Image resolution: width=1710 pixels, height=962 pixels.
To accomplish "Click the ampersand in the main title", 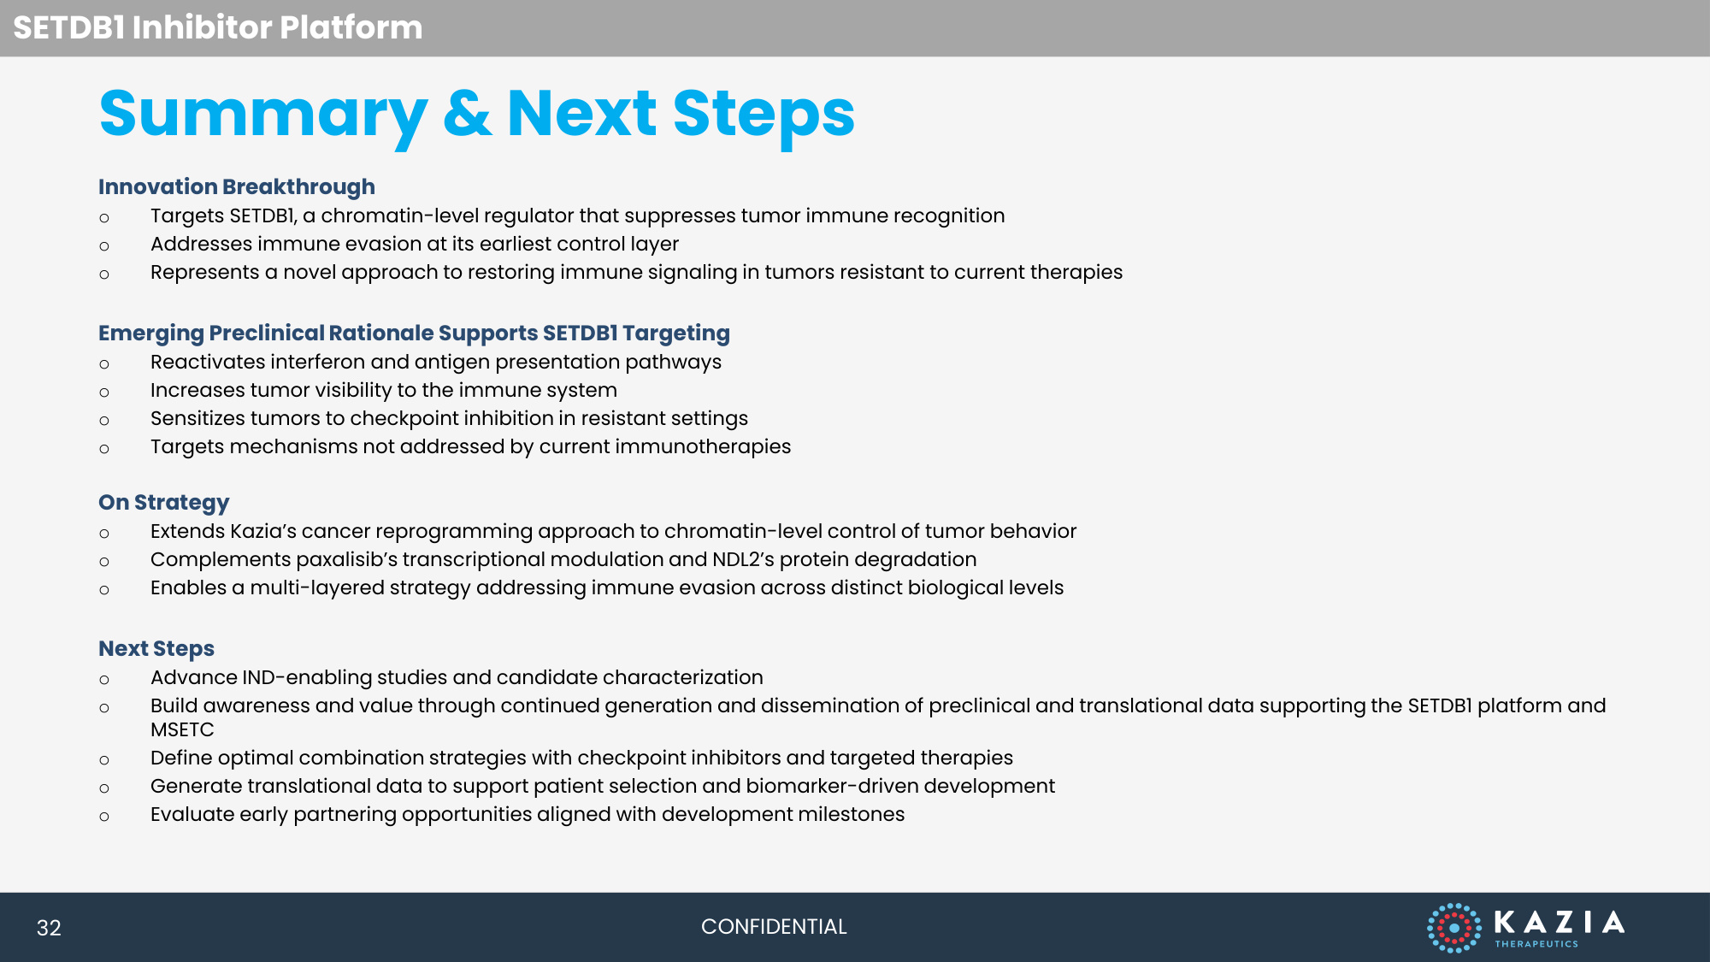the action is pyautogui.click(x=468, y=114).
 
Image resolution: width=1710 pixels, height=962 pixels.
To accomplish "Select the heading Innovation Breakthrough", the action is pyautogui.click(x=237, y=186).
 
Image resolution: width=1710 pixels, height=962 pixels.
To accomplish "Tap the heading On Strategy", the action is pyautogui.click(x=164, y=502).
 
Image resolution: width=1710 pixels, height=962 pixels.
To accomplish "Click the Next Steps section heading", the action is pyautogui.click(x=156, y=648).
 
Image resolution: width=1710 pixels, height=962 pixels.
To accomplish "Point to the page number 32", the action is pyautogui.click(x=49, y=928).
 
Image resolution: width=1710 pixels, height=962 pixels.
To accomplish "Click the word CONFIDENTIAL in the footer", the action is pyautogui.click(x=774, y=927).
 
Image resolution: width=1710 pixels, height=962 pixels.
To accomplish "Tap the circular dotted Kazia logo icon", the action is pyautogui.click(x=1453, y=928).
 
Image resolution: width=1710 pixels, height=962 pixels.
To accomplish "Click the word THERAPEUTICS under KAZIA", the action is pyautogui.click(x=1536, y=944).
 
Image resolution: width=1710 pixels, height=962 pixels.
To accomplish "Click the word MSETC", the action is pyautogui.click(x=182, y=729).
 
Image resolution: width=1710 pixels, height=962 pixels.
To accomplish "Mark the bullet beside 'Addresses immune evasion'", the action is pyautogui.click(x=104, y=246).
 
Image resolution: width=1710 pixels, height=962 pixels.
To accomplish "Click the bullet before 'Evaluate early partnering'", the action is pyautogui.click(x=104, y=817).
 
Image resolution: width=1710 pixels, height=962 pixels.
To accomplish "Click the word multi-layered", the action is pyautogui.click(x=317, y=587).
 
